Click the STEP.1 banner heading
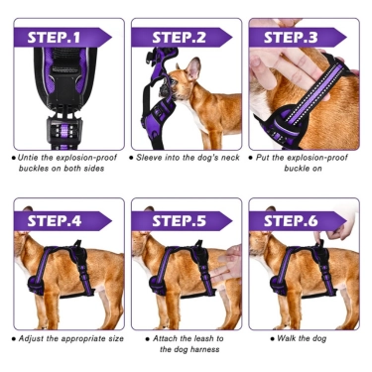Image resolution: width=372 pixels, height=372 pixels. (x=54, y=38)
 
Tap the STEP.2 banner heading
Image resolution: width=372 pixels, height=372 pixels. (x=179, y=38)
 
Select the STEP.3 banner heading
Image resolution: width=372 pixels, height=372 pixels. (x=291, y=38)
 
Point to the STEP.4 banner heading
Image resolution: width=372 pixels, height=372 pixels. (x=55, y=221)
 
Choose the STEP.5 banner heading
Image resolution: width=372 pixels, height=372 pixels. (x=179, y=221)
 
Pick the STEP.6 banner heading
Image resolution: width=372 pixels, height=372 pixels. (x=291, y=221)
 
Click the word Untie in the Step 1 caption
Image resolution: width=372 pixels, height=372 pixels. (x=27, y=158)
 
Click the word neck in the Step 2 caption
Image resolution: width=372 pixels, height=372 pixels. (x=230, y=158)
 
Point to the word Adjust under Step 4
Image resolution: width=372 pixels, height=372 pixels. (x=29, y=338)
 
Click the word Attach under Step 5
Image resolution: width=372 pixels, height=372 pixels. (x=164, y=338)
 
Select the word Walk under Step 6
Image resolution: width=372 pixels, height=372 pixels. (x=285, y=338)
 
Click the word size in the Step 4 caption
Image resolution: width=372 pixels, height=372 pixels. (x=116, y=338)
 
